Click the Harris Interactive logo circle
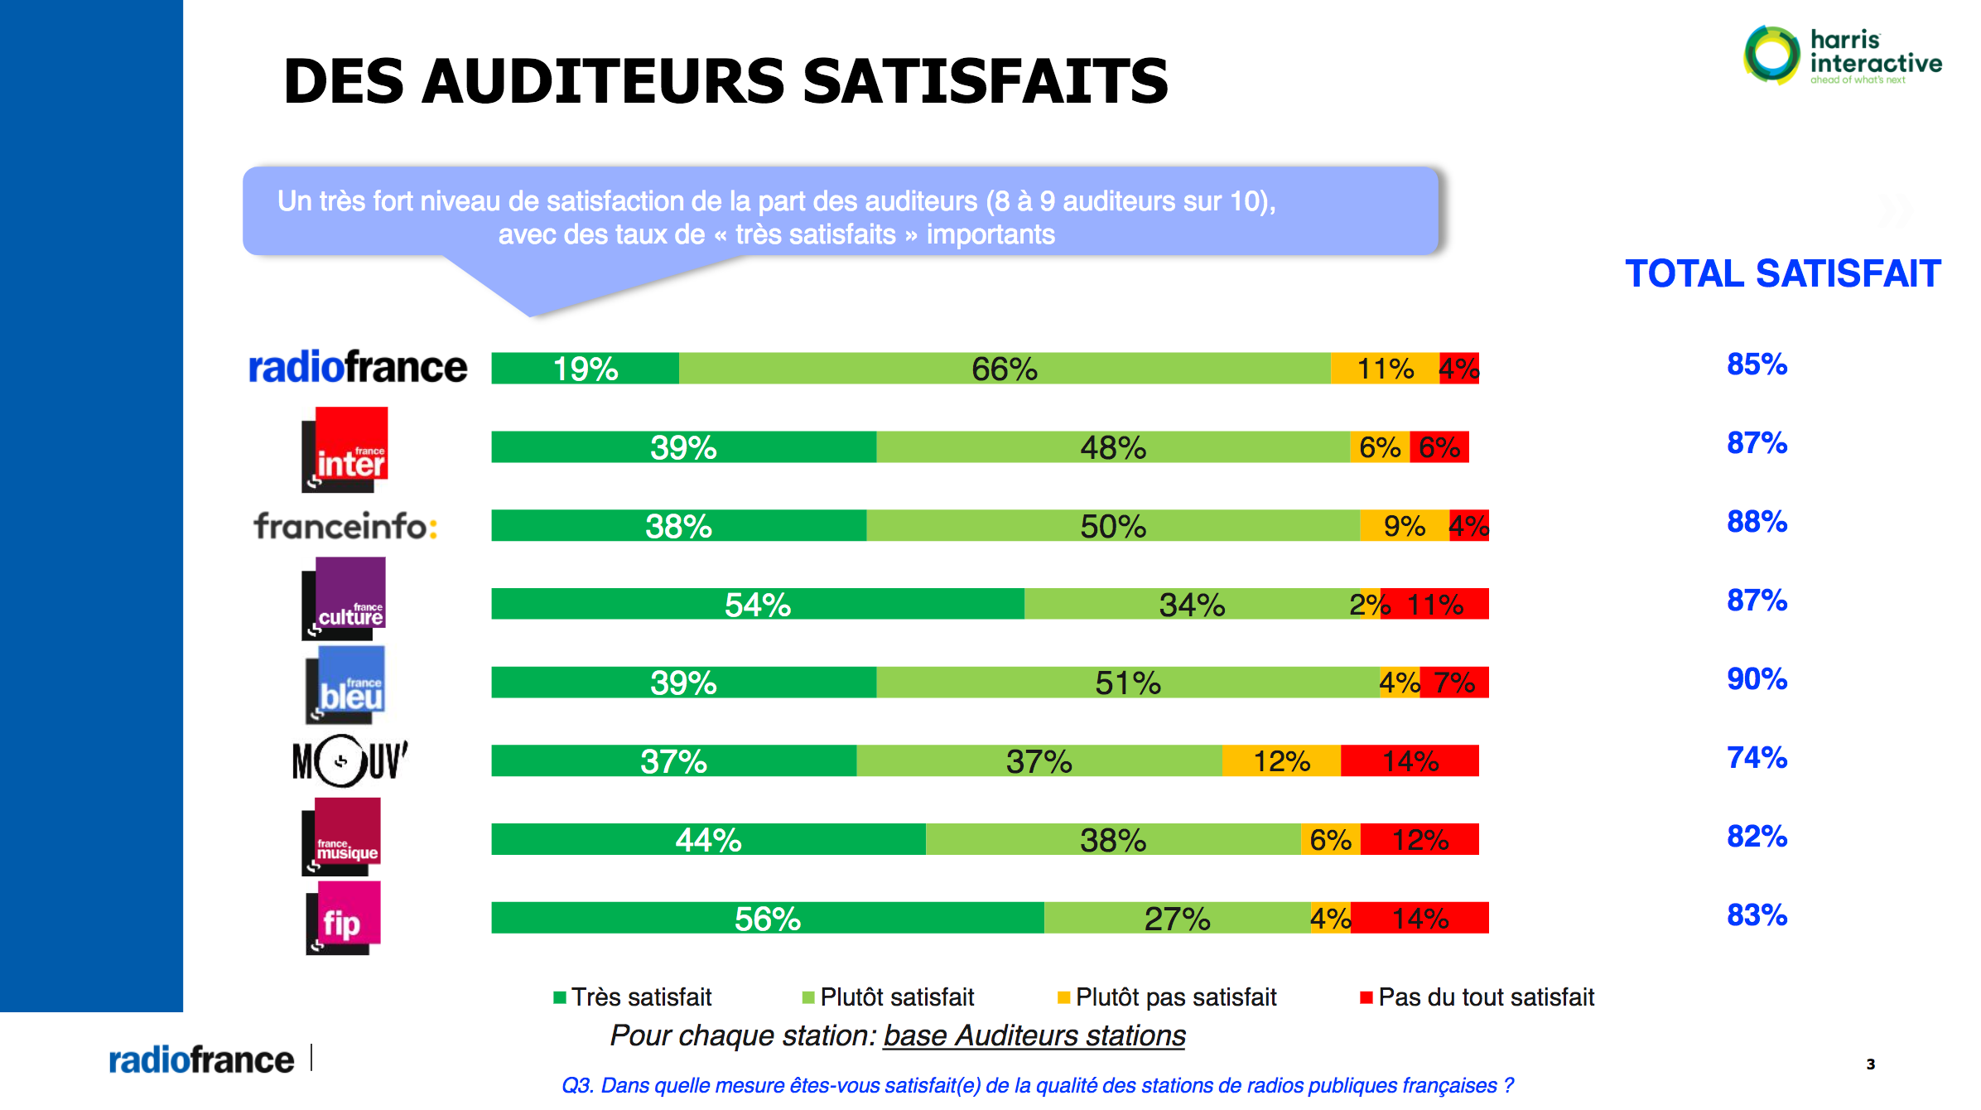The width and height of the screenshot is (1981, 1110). (1771, 55)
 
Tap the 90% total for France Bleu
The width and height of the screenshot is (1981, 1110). (1757, 679)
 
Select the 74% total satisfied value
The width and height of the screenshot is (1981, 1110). (1757, 758)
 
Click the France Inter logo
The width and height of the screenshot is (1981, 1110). (345, 450)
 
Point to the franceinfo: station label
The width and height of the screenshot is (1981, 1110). (345, 526)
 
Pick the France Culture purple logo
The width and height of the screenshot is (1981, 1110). (345, 598)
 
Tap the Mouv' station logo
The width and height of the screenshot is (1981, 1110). (349, 760)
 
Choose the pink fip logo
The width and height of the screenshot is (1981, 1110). (344, 918)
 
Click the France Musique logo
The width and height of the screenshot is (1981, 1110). (342, 837)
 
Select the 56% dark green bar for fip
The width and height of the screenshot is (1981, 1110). (767, 918)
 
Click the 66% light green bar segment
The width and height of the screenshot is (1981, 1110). (1004, 369)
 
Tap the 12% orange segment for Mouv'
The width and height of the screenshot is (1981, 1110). (1280, 760)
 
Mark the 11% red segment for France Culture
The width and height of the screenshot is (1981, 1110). (1434, 604)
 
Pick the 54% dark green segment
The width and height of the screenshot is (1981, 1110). (757, 604)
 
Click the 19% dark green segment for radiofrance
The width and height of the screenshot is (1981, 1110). (585, 369)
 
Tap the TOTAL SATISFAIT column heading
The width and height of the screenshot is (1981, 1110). (1782, 274)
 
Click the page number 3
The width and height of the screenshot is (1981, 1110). (1870, 1064)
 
